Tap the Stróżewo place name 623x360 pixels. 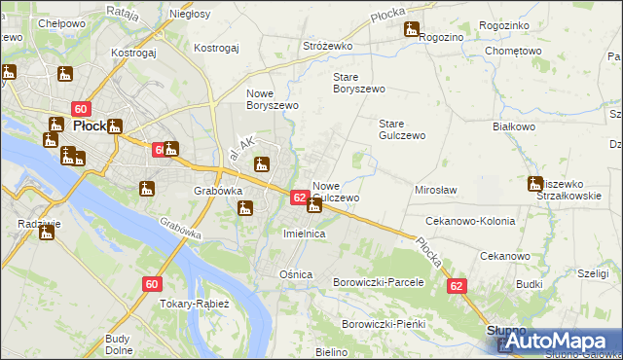click(x=328, y=45)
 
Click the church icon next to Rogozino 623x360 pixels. click(x=413, y=30)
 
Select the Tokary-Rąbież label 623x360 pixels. click(x=195, y=304)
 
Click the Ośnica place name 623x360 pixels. click(x=296, y=274)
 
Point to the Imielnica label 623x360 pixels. click(x=303, y=234)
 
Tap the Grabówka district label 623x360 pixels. click(x=218, y=191)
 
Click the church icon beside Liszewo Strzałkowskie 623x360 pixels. click(x=535, y=183)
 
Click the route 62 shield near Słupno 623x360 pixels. click(x=458, y=286)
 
